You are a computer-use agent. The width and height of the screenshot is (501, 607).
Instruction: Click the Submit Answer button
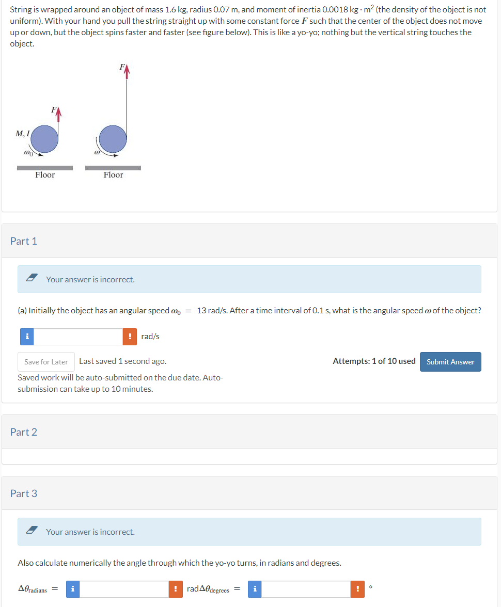(450, 362)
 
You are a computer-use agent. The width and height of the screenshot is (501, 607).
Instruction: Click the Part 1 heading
(24, 241)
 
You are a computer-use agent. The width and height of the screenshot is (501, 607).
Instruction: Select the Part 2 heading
(24, 432)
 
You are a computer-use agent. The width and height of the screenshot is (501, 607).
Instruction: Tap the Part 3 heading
(24, 493)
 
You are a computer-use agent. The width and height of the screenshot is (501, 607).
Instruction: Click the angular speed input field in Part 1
(79, 337)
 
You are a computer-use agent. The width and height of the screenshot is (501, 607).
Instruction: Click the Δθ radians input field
(124, 589)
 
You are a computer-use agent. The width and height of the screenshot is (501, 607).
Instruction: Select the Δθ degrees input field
(306, 589)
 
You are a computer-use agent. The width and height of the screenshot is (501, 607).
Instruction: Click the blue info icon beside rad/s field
(26, 337)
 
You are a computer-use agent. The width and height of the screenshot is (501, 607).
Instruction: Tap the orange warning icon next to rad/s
(130, 337)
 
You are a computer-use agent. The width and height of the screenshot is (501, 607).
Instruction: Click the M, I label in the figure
(23, 134)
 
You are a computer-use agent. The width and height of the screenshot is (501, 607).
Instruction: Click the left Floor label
(45, 175)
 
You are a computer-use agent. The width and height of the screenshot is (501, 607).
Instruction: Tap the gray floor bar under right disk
(113, 168)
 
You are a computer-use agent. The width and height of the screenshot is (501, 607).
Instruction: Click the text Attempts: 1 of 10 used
(374, 361)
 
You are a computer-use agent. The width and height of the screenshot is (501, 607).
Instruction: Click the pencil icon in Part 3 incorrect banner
(32, 531)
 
